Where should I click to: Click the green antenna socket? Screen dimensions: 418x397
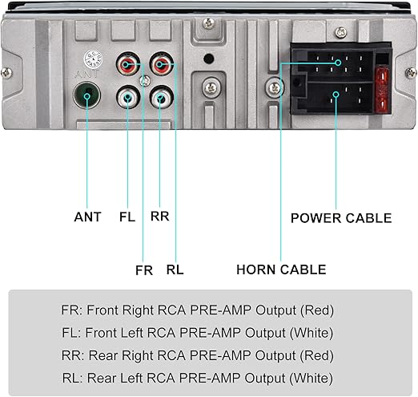pyautogui.click(x=86, y=95)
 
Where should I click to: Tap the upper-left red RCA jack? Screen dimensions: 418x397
pyautogui.click(x=128, y=64)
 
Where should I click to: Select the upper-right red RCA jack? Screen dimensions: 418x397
pyautogui.click(x=162, y=64)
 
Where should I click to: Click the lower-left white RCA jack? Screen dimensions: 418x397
pyautogui.click(x=128, y=97)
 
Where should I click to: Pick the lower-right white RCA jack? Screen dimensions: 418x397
pyautogui.click(x=162, y=97)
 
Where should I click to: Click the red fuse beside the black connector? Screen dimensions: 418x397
pyautogui.click(x=382, y=90)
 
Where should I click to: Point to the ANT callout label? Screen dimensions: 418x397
pyautogui.click(x=87, y=217)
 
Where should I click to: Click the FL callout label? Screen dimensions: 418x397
pyautogui.click(x=127, y=217)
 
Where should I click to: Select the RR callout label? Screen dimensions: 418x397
pyautogui.click(x=160, y=216)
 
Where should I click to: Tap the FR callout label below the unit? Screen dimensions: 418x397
pyautogui.click(x=144, y=270)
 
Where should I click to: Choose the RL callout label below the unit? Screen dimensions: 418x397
pyautogui.click(x=175, y=269)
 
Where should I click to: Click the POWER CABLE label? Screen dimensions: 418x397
pyautogui.click(x=341, y=218)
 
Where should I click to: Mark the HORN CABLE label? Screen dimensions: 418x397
pyautogui.click(x=281, y=269)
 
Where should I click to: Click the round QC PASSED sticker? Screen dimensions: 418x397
pyautogui.click(x=93, y=59)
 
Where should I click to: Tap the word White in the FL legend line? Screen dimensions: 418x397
pyautogui.click(x=311, y=333)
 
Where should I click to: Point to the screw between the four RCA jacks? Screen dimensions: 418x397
pyautogui.click(x=145, y=81)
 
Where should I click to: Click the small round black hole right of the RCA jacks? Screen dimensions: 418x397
pyautogui.click(x=208, y=59)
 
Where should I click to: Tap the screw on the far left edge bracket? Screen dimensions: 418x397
pyautogui.click(x=6, y=73)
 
